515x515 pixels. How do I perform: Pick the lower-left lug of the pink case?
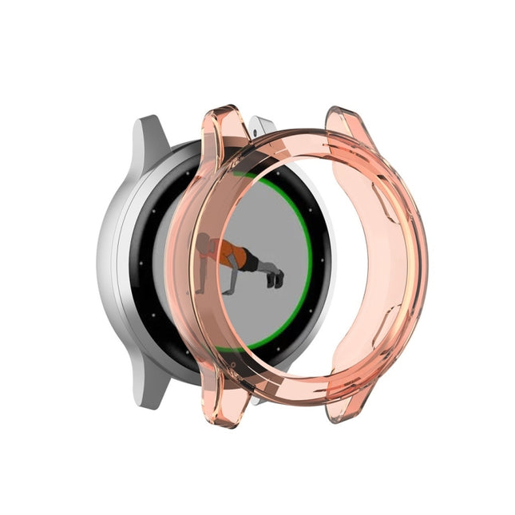tap(222, 407)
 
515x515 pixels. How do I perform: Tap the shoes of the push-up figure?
tap(275, 278)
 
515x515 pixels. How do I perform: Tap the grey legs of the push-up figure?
tap(263, 267)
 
